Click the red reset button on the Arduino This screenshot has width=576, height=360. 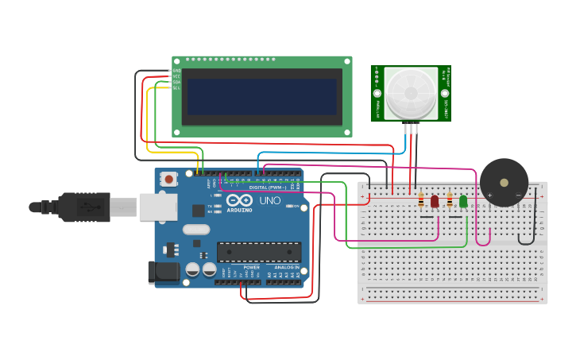coord(168,179)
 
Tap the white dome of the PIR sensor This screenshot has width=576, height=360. coord(411,92)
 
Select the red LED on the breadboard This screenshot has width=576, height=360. coord(435,201)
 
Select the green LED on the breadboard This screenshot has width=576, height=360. coord(463,201)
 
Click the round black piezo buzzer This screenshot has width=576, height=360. coord(504,182)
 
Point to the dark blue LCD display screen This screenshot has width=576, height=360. coord(261,96)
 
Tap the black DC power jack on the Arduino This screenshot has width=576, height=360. coord(163,271)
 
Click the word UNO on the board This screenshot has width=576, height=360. coord(270,200)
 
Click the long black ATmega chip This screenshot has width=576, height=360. coord(259,252)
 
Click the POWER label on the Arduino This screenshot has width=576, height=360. coord(251,268)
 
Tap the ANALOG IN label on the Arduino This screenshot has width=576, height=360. coord(287,268)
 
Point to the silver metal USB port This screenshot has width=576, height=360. coord(158,207)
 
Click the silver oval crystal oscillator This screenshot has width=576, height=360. coord(195,230)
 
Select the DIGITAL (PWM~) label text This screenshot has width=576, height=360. coord(268,188)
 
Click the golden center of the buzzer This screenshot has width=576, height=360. coord(504,182)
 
